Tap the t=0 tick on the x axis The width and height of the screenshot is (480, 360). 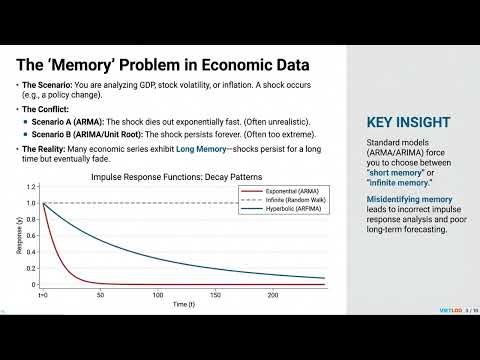coord(43,295)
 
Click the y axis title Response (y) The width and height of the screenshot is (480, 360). coord(18,236)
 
